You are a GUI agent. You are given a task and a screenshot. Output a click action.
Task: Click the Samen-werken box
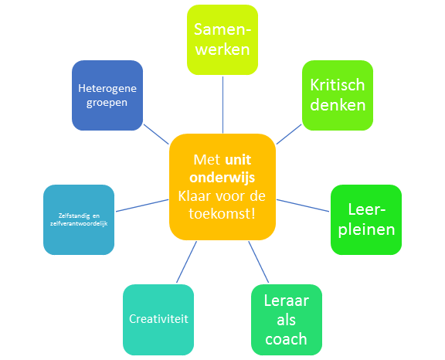(222, 39)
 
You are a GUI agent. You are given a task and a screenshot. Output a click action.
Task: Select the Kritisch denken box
(338, 95)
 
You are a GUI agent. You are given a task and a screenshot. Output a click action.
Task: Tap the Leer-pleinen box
(366, 219)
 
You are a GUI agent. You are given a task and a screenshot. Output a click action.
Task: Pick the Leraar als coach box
(287, 320)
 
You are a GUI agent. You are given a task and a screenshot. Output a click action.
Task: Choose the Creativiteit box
(158, 320)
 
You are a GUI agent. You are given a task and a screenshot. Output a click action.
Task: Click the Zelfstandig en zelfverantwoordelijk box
(79, 219)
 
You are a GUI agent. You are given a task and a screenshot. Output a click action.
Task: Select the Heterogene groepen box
(107, 95)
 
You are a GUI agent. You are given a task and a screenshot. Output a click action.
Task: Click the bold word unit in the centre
(238, 160)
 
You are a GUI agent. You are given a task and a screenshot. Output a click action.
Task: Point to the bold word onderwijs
(222, 178)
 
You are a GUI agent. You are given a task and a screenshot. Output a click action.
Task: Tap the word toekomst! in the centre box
(222, 214)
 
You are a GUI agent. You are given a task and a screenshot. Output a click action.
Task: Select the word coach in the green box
(287, 339)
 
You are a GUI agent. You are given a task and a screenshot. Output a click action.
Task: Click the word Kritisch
(338, 85)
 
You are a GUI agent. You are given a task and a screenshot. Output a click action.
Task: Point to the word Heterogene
(107, 89)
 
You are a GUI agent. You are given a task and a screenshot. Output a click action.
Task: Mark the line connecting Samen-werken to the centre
(222, 104)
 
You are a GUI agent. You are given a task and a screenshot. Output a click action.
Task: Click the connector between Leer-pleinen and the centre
(303, 205)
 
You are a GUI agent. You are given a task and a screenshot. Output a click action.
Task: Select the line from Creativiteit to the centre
(186, 262)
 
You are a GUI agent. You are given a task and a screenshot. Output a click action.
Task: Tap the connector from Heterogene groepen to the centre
(156, 134)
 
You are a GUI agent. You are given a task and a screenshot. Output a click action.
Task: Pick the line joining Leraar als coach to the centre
(259, 262)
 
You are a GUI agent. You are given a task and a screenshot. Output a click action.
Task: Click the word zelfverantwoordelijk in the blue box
(79, 223)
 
